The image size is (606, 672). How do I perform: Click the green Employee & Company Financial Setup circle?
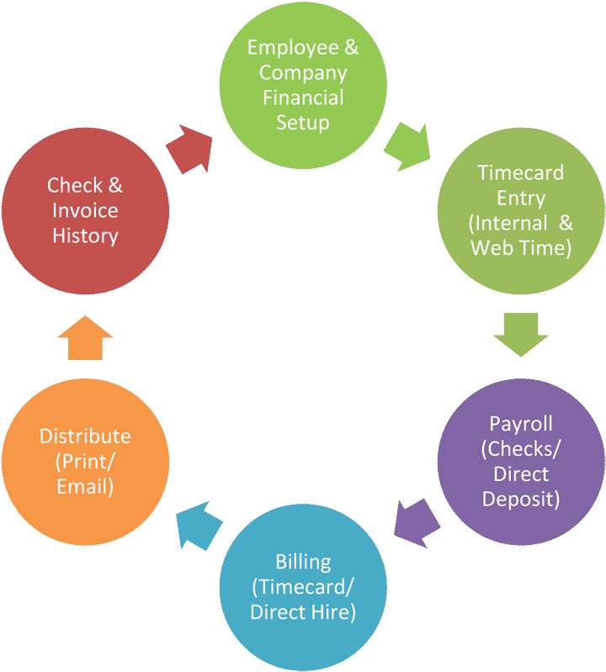[x=303, y=84]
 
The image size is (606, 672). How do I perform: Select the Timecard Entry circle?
[x=521, y=210]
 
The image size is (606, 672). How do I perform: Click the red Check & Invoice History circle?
[x=85, y=210]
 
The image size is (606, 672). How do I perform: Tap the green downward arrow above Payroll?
[x=521, y=334]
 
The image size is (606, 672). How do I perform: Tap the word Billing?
[x=303, y=561]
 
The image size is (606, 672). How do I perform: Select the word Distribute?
[x=85, y=436]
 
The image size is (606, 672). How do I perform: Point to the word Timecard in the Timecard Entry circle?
[x=521, y=172]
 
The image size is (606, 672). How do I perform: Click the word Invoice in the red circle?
[x=85, y=210]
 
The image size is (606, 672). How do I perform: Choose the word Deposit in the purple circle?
[x=521, y=499]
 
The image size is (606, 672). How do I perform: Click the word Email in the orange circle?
[x=85, y=487]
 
